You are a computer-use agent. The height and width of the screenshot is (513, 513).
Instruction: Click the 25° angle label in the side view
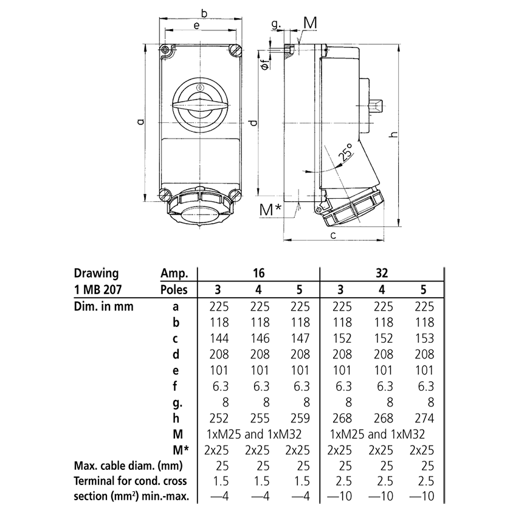345,154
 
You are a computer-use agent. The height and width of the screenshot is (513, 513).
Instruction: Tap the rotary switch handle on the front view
200,104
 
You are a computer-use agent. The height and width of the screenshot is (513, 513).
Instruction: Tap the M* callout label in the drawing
271,210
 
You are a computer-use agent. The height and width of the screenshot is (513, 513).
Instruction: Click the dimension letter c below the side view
334,234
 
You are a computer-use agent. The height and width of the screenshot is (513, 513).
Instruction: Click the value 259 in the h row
298,418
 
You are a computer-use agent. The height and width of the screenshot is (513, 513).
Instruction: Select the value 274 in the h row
423,418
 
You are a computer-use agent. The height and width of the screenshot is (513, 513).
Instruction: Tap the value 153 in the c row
423,339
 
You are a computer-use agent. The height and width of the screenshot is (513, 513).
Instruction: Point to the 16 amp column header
258,274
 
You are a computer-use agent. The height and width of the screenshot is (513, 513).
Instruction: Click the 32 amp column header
382,274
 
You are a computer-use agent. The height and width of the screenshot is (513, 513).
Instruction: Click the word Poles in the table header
174,289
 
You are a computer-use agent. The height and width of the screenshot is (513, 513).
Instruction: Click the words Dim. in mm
103,307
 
